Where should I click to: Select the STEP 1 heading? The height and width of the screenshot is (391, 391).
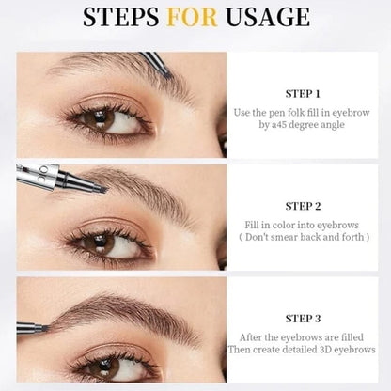point(303,94)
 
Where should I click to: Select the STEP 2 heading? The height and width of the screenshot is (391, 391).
point(303,205)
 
